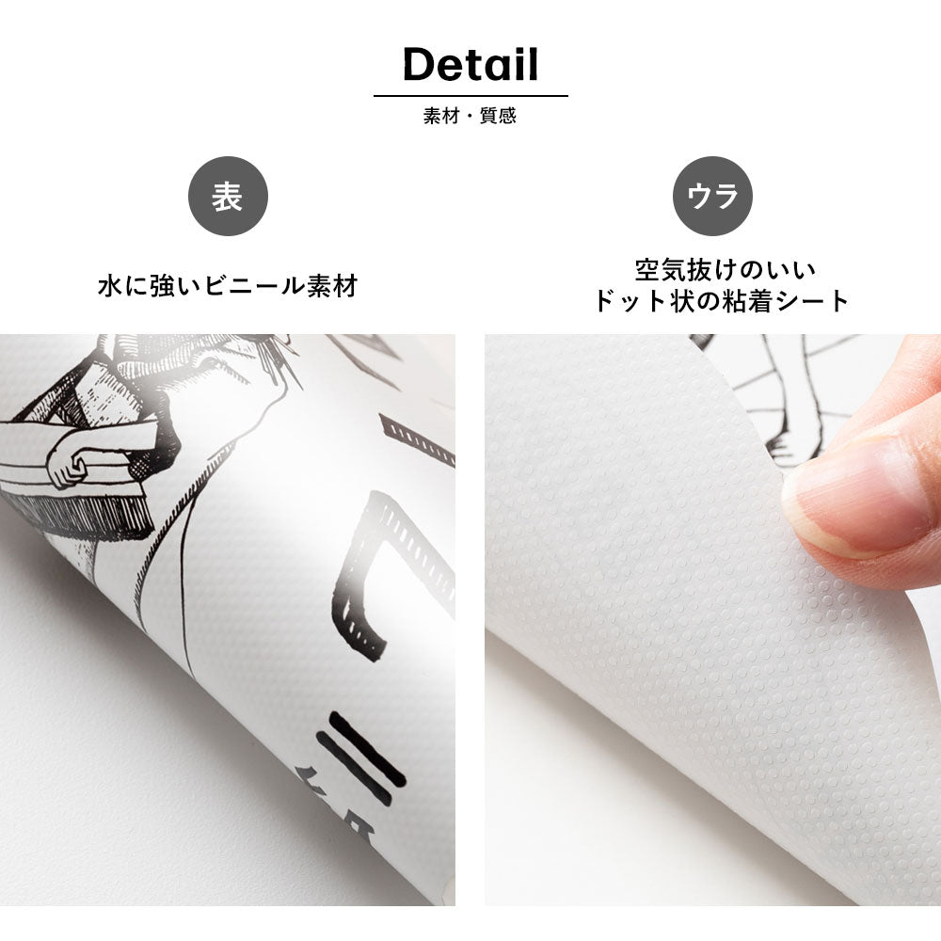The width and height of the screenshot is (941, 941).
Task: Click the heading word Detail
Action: click(x=470, y=64)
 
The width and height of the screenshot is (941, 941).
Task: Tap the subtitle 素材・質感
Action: click(x=470, y=115)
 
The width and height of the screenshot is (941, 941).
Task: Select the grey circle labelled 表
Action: click(x=228, y=197)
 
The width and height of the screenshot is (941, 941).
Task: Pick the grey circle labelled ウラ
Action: click(x=712, y=197)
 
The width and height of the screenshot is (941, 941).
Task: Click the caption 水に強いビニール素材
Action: click(x=228, y=286)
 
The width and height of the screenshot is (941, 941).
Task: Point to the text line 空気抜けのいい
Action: click(x=725, y=270)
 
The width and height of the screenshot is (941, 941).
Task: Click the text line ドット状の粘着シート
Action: click(x=722, y=301)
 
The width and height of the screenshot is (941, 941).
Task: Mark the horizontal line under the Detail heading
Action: click(x=470, y=95)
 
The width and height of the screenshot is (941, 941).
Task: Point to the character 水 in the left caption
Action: click(x=110, y=286)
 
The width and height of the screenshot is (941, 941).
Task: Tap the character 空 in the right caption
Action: click(x=648, y=270)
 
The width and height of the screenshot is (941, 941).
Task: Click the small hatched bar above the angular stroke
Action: click(x=417, y=440)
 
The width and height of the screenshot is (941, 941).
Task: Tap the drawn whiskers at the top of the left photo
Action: click(x=282, y=357)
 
